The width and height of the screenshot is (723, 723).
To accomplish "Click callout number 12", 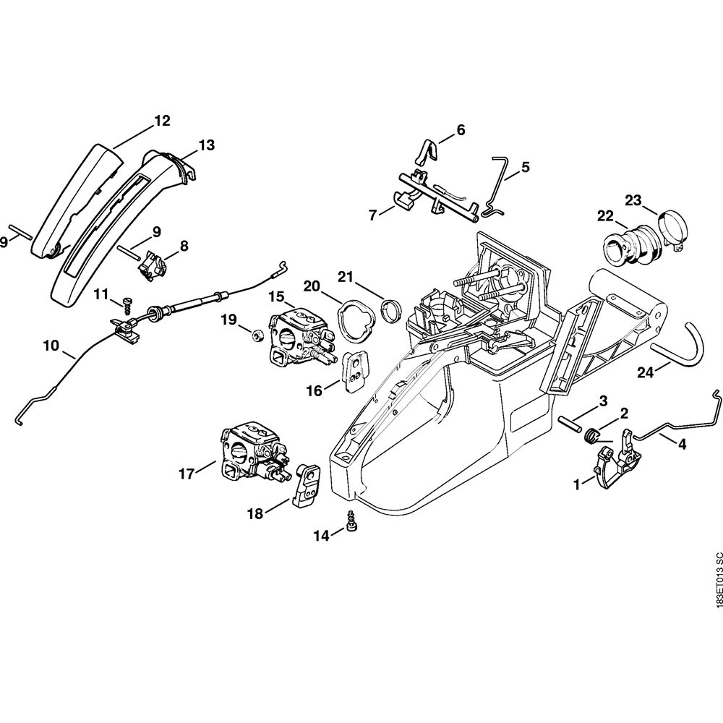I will click(x=162, y=121).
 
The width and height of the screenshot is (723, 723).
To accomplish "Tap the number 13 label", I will click(x=206, y=145).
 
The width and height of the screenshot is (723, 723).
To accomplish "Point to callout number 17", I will click(x=187, y=474).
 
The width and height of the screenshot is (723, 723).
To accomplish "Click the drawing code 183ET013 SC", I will click(x=717, y=583).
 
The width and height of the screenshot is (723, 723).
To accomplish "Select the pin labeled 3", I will click(x=571, y=422).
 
